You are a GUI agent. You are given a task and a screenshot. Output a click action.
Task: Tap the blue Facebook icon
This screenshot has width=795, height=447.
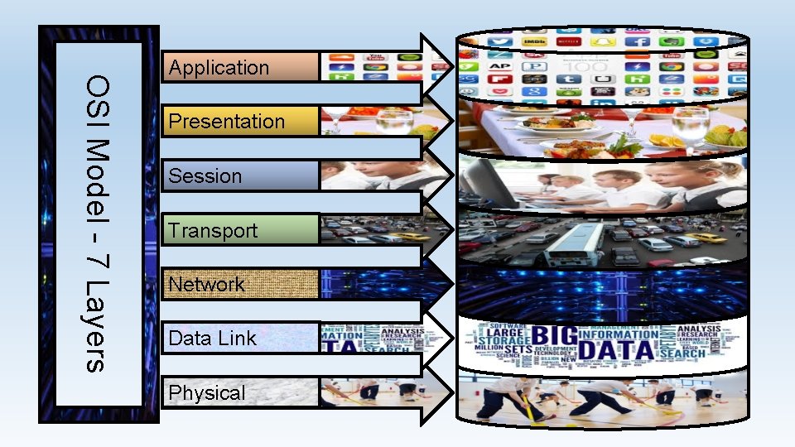coord(637,41)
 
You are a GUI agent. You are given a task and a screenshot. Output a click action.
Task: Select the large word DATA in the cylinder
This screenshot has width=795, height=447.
coord(607,351)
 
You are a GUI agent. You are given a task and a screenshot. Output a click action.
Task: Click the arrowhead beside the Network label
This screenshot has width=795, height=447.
coord(438,284)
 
